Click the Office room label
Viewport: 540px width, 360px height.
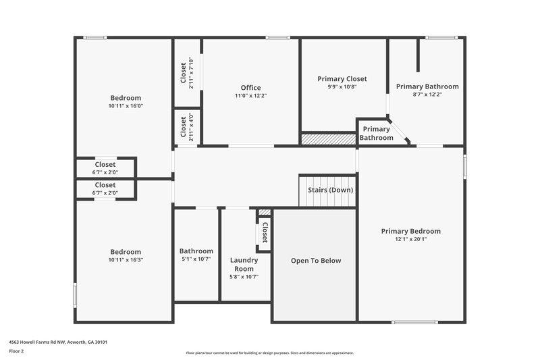[250, 88]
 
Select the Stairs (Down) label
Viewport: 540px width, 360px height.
[330, 190]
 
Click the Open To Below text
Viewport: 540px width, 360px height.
[316, 261]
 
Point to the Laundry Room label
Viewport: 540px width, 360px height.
[244, 264]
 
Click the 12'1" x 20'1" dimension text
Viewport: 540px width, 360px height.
[410, 239]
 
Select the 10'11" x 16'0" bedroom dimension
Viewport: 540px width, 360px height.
[126, 106]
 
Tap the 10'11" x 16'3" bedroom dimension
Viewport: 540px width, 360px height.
[126, 260]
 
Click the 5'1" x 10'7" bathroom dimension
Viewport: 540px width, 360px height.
[196, 259]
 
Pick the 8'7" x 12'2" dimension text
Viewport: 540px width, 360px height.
[427, 95]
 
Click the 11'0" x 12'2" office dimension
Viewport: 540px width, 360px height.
[250, 96]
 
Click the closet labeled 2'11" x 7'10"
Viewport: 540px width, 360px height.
[187, 72]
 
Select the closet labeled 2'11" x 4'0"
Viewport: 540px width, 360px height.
[187, 127]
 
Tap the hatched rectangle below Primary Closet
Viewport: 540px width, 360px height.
[328, 138]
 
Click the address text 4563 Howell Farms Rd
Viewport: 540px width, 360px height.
[58, 342]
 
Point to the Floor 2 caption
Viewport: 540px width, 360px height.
[16, 351]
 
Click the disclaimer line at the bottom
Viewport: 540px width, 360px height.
[269, 353]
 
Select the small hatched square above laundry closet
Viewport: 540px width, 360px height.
[265, 212]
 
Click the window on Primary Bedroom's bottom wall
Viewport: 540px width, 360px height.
[414, 322]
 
